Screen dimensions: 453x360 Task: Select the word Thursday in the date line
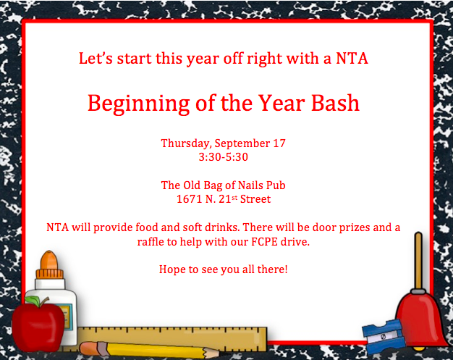click(x=185, y=143)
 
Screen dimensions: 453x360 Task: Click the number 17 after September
click(x=279, y=143)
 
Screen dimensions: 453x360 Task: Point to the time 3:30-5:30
click(x=224, y=157)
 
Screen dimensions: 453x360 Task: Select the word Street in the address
click(x=255, y=199)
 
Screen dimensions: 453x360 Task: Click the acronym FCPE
click(x=264, y=241)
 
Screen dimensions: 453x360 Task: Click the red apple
click(x=38, y=326)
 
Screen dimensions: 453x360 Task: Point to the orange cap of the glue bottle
click(x=49, y=265)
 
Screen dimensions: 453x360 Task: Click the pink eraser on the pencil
click(x=90, y=348)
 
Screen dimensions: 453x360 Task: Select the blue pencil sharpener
click(x=384, y=336)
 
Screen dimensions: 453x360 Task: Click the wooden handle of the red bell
click(x=418, y=260)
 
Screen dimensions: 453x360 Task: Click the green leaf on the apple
click(x=33, y=301)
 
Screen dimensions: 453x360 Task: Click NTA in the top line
click(x=352, y=59)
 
